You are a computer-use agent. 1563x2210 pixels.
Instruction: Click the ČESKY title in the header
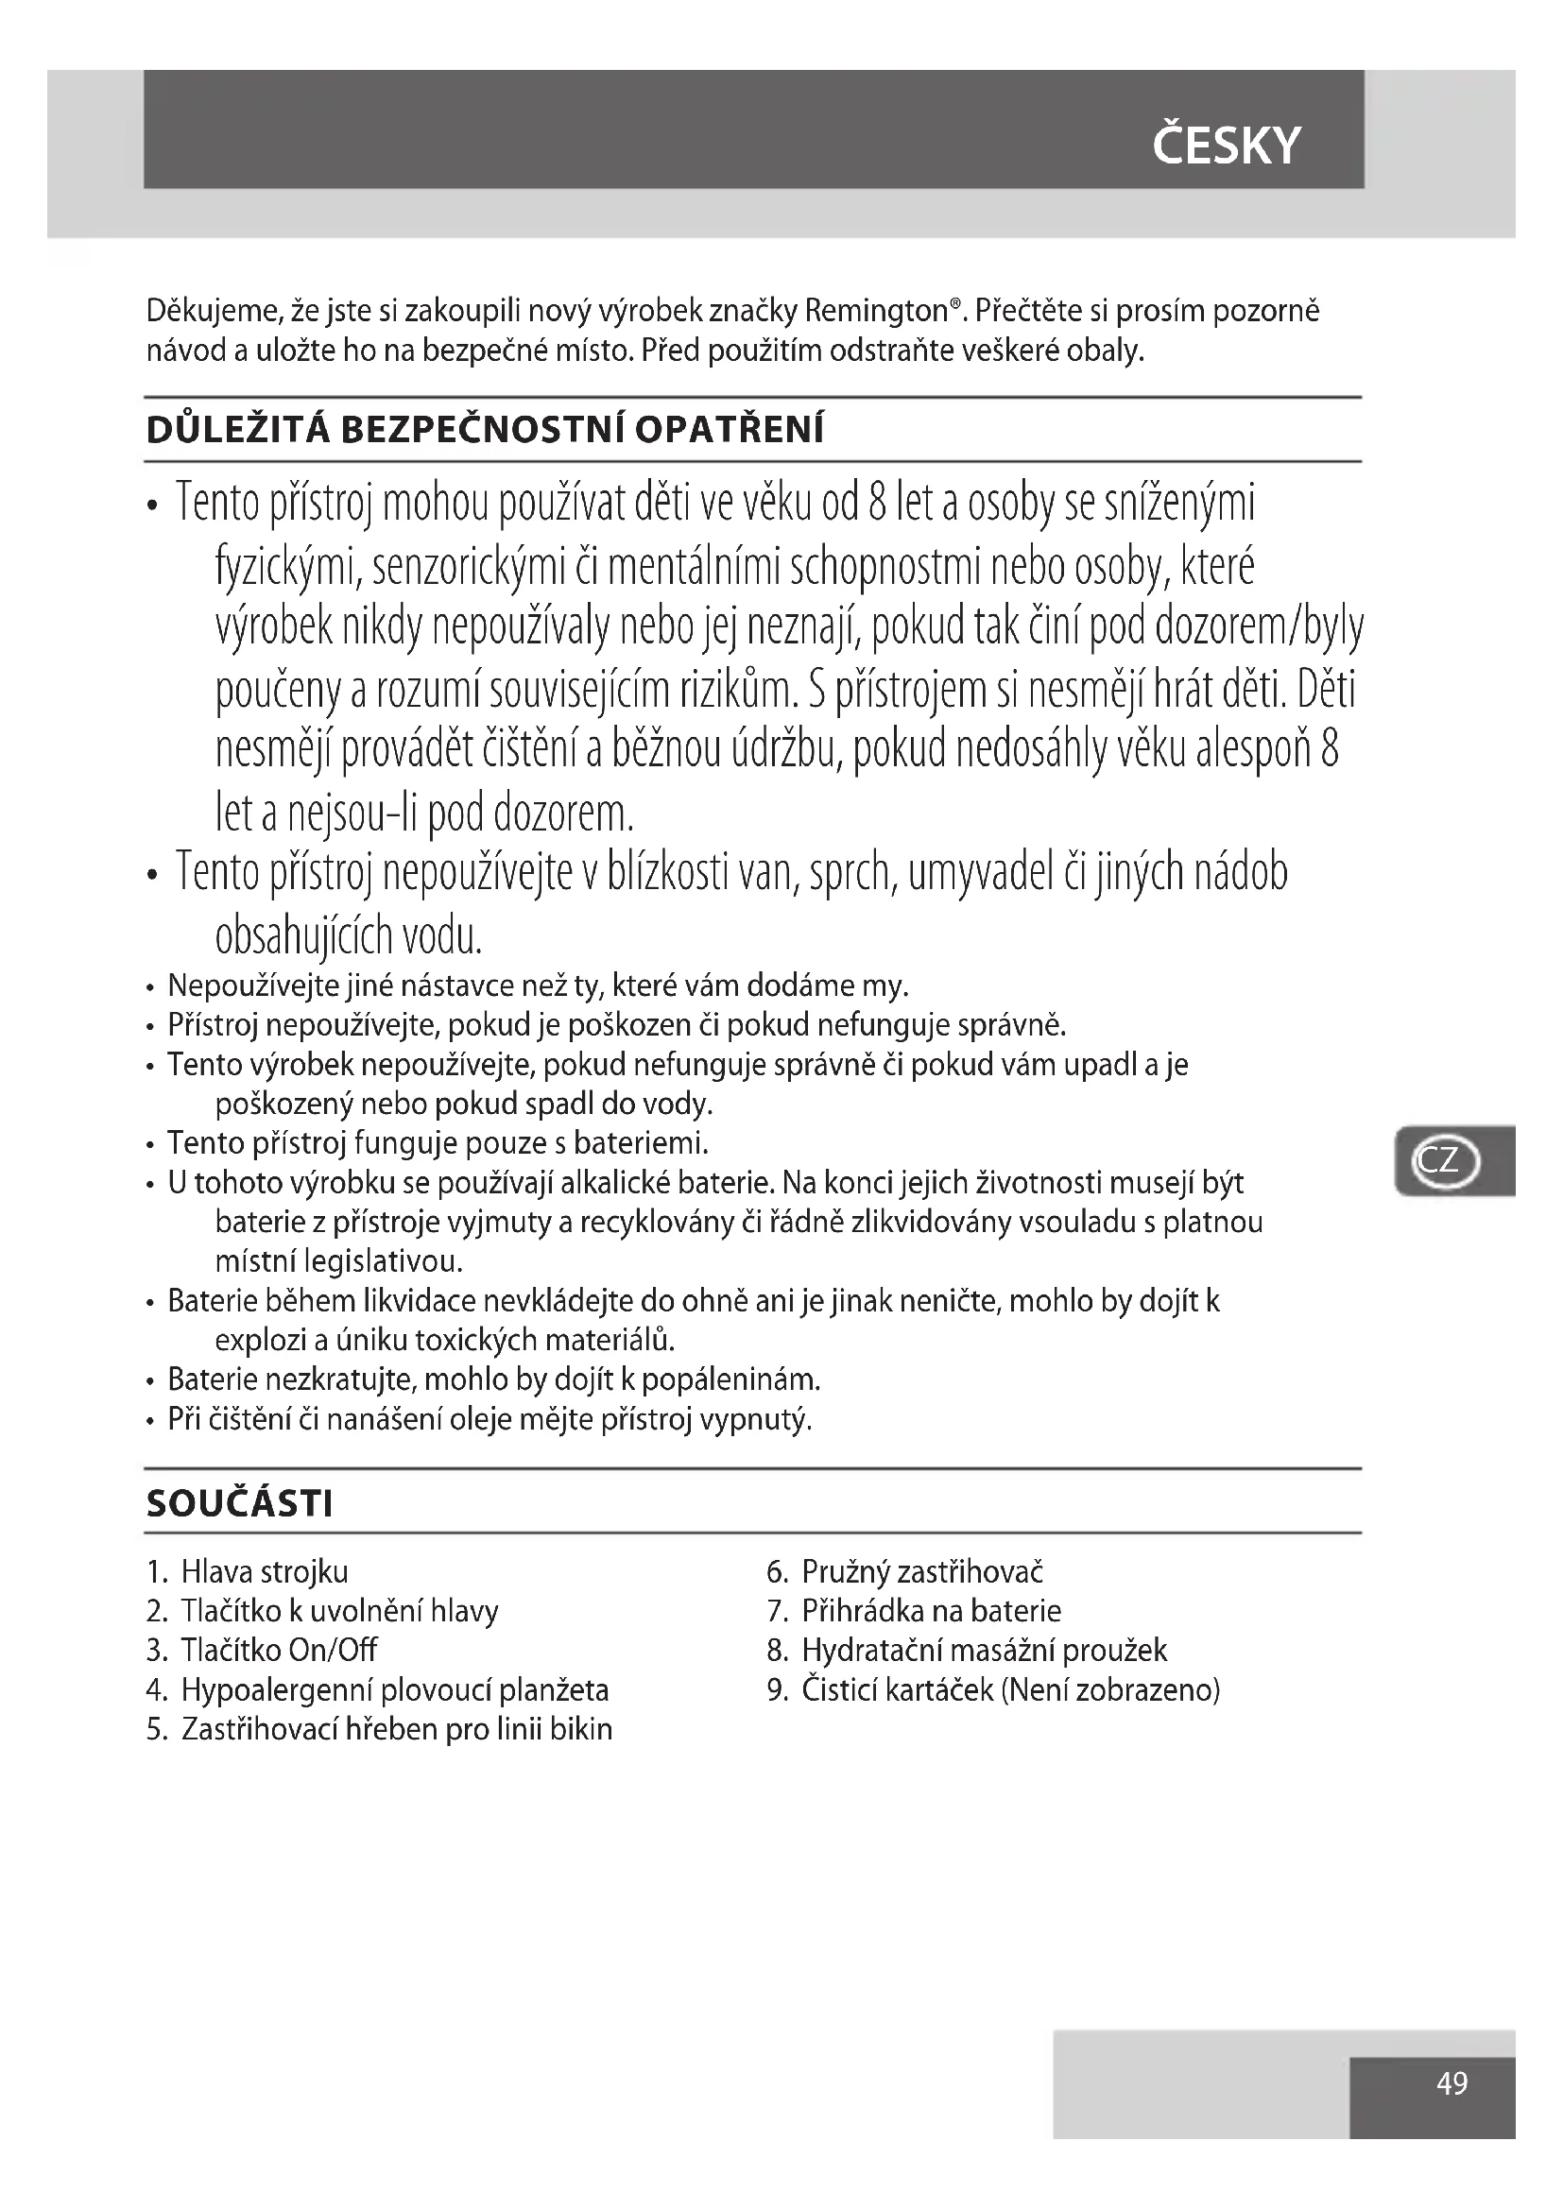[1226, 145]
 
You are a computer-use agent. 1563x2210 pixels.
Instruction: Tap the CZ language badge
[1445, 1160]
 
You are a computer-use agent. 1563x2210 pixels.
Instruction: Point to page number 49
[1451, 2082]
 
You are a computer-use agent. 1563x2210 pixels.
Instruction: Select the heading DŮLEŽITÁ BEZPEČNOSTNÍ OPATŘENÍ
[485, 429]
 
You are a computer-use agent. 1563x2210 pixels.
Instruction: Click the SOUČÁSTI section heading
[240, 1502]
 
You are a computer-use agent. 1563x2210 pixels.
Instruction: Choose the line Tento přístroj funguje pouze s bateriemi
[438, 1142]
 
